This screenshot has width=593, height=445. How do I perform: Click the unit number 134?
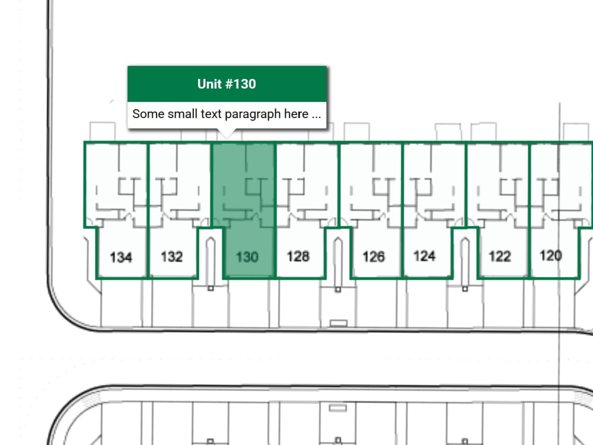click(x=121, y=258)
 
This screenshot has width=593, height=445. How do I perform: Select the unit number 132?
click(x=172, y=256)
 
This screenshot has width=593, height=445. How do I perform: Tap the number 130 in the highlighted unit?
click(x=247, y=258)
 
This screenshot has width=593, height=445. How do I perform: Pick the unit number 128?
click(x=298, y=256)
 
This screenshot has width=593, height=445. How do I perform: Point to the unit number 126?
click(x=374, y=256)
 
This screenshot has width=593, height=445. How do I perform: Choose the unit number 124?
click(x=425, y=256)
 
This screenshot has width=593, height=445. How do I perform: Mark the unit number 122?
click(x=500, y=256)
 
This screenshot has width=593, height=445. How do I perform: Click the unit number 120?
click(x=551, y=255)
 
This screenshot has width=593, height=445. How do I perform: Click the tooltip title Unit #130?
click(x=227, y=84)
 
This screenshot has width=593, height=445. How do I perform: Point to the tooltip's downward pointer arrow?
click(x=227, y=133)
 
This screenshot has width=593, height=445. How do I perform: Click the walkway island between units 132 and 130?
click(x=211, y=262)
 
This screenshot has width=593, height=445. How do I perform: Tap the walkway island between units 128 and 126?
click(x=338, y=262)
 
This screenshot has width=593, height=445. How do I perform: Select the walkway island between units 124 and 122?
click(x=465, y=262)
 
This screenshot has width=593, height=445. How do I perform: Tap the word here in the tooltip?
click(x=296, y=114)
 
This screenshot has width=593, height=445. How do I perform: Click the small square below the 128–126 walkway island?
click(x=338, y=290)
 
